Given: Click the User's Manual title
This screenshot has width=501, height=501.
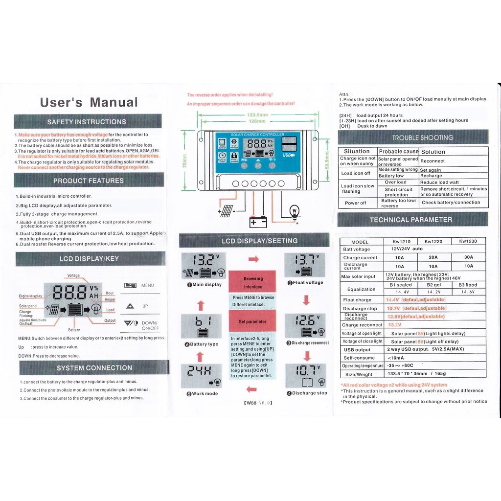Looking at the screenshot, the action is click(89, 103).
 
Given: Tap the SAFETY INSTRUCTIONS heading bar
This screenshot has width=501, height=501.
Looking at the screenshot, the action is click(87, 122).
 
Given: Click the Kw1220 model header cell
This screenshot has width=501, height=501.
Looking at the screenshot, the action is click(433, 241).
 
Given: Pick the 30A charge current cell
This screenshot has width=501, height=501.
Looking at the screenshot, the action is click(468, 257).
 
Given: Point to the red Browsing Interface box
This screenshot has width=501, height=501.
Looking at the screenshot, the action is click(252, 282).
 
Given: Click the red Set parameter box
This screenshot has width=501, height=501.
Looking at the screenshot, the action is click(252, 321).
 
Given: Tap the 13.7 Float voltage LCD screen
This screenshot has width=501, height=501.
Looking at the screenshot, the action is click(305, 265).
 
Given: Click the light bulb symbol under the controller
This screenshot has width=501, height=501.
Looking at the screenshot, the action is click(295, 211).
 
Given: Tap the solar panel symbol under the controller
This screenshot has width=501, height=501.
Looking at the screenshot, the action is click(226, 211).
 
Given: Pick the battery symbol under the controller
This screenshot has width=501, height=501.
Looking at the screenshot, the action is click(258, 222).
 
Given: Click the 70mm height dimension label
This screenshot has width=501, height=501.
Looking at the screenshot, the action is click(184, 160).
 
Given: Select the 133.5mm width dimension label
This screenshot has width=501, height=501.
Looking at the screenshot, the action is click(256, 115).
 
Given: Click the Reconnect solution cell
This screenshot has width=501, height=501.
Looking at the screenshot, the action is click(433, 161).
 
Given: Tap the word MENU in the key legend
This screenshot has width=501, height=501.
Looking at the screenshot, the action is click(147, 285).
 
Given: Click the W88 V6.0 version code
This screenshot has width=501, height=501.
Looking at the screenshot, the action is click(257, 403).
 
